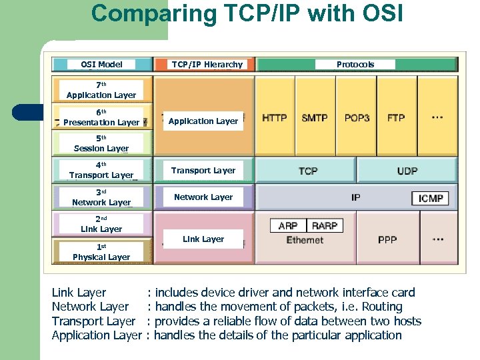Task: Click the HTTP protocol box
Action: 275,117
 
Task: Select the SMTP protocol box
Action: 315,117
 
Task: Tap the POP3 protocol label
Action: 357,117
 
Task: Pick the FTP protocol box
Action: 396,117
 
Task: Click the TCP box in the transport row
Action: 307,171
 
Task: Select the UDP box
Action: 407,171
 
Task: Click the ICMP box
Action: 431,198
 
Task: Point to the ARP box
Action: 288,226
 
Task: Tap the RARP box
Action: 324,226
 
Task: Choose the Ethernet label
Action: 305,240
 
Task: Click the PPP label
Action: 387,239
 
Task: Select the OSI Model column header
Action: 101,65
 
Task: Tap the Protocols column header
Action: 355,65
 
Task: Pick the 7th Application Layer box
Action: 101,91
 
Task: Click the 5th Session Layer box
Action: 101,143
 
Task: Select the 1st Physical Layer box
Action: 101,252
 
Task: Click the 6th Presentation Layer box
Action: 101,117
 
